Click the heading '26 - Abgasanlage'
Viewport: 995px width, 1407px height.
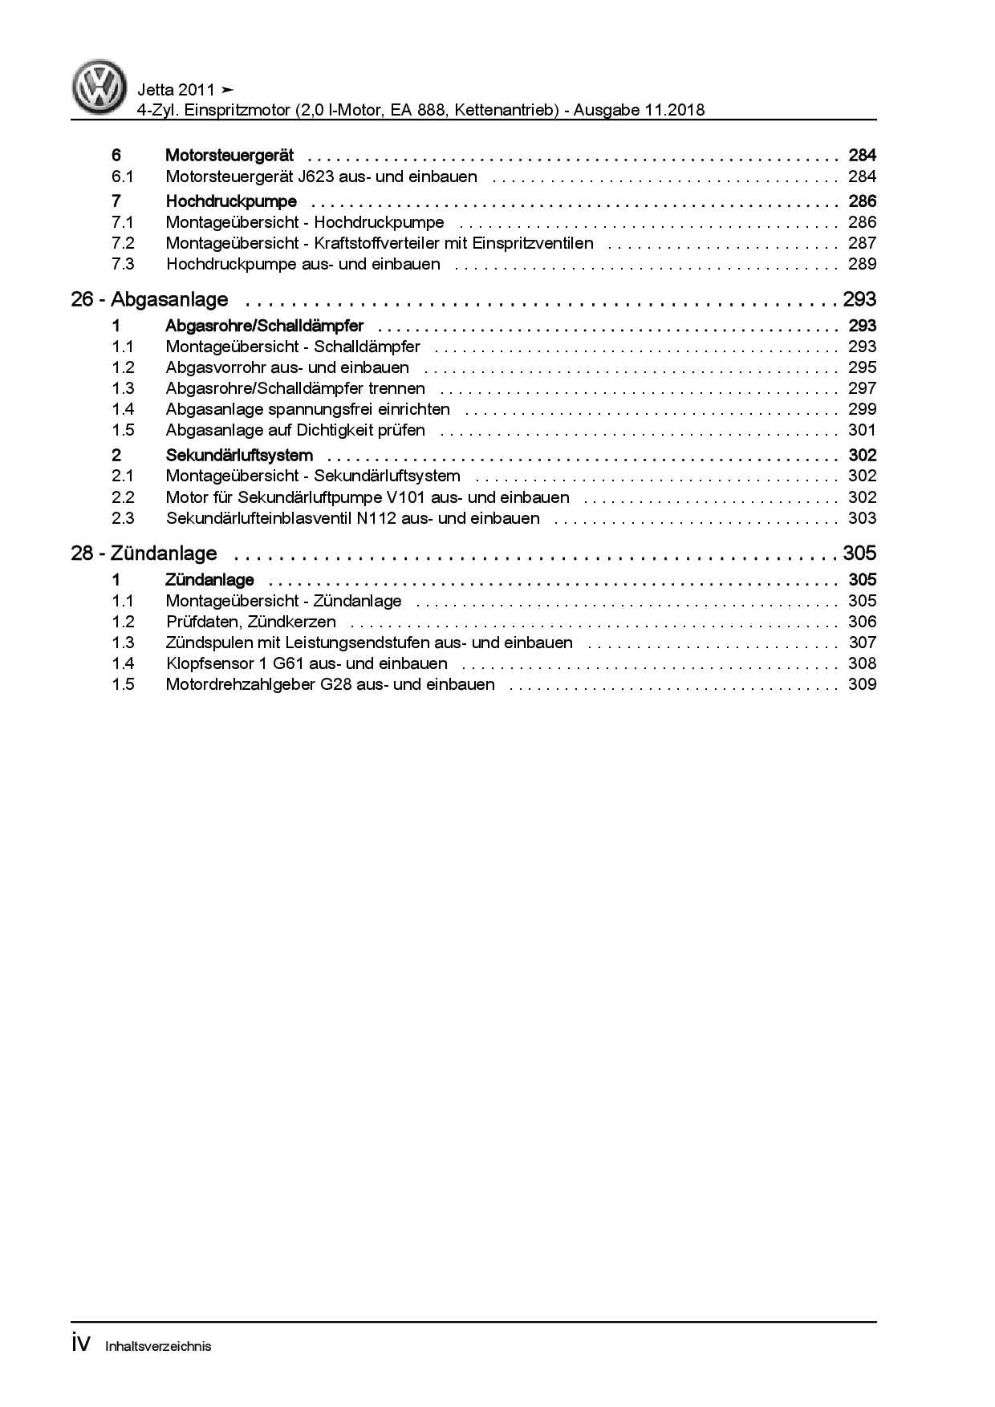click(x=149, y=300)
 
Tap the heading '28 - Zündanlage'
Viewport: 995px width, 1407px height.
click(x=144, y=553)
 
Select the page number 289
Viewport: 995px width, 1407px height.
click(x=862, y=264)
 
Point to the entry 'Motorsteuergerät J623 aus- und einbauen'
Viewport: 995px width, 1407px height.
click(x=321, y=176)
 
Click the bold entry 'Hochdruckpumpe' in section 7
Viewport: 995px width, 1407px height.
click(x=231, y=201)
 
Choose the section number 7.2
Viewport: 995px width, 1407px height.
click(x=123, y=243)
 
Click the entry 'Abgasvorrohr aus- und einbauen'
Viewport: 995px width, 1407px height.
click(x=287, y=367)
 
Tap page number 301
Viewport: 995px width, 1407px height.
click(x=862, y=430)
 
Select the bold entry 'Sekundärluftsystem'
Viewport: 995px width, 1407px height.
click(x=239, y=456)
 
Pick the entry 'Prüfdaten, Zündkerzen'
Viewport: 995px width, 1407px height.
click(x=251, y=622)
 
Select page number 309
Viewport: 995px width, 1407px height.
click(x=862, y=684)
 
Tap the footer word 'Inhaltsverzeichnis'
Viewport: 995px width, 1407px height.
click(x=158, y=1346)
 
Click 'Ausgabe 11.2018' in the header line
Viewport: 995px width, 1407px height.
click(x=639, y=110)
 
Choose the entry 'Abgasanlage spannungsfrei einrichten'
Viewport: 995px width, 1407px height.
click(x=308, y=409)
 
